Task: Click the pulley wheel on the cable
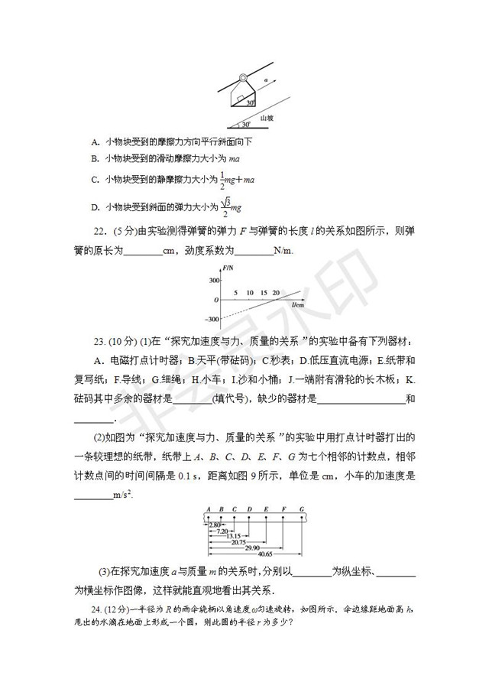click(x=242, y=78)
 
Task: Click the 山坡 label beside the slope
click(x=266, y=119)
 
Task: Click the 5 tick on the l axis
click(x=236, y=292)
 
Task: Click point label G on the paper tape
click(x=302, y=509)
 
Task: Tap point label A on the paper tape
click(x=207, y=509)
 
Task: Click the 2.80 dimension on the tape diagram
click(x=215, y=524)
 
